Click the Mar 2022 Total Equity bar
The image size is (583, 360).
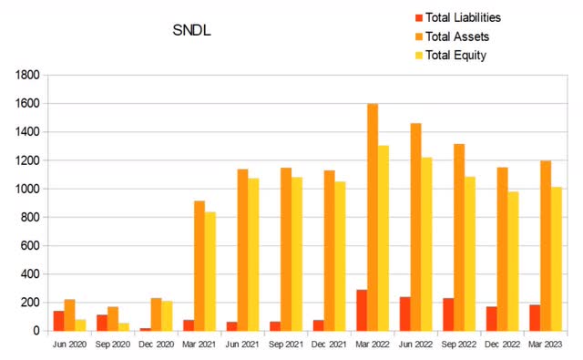(384, 238)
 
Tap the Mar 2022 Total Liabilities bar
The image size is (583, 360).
(361, 310)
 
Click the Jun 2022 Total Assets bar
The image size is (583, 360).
(415, 227)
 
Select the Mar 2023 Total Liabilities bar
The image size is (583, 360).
(535, 317)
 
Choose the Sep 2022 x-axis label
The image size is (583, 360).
(459, 345)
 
